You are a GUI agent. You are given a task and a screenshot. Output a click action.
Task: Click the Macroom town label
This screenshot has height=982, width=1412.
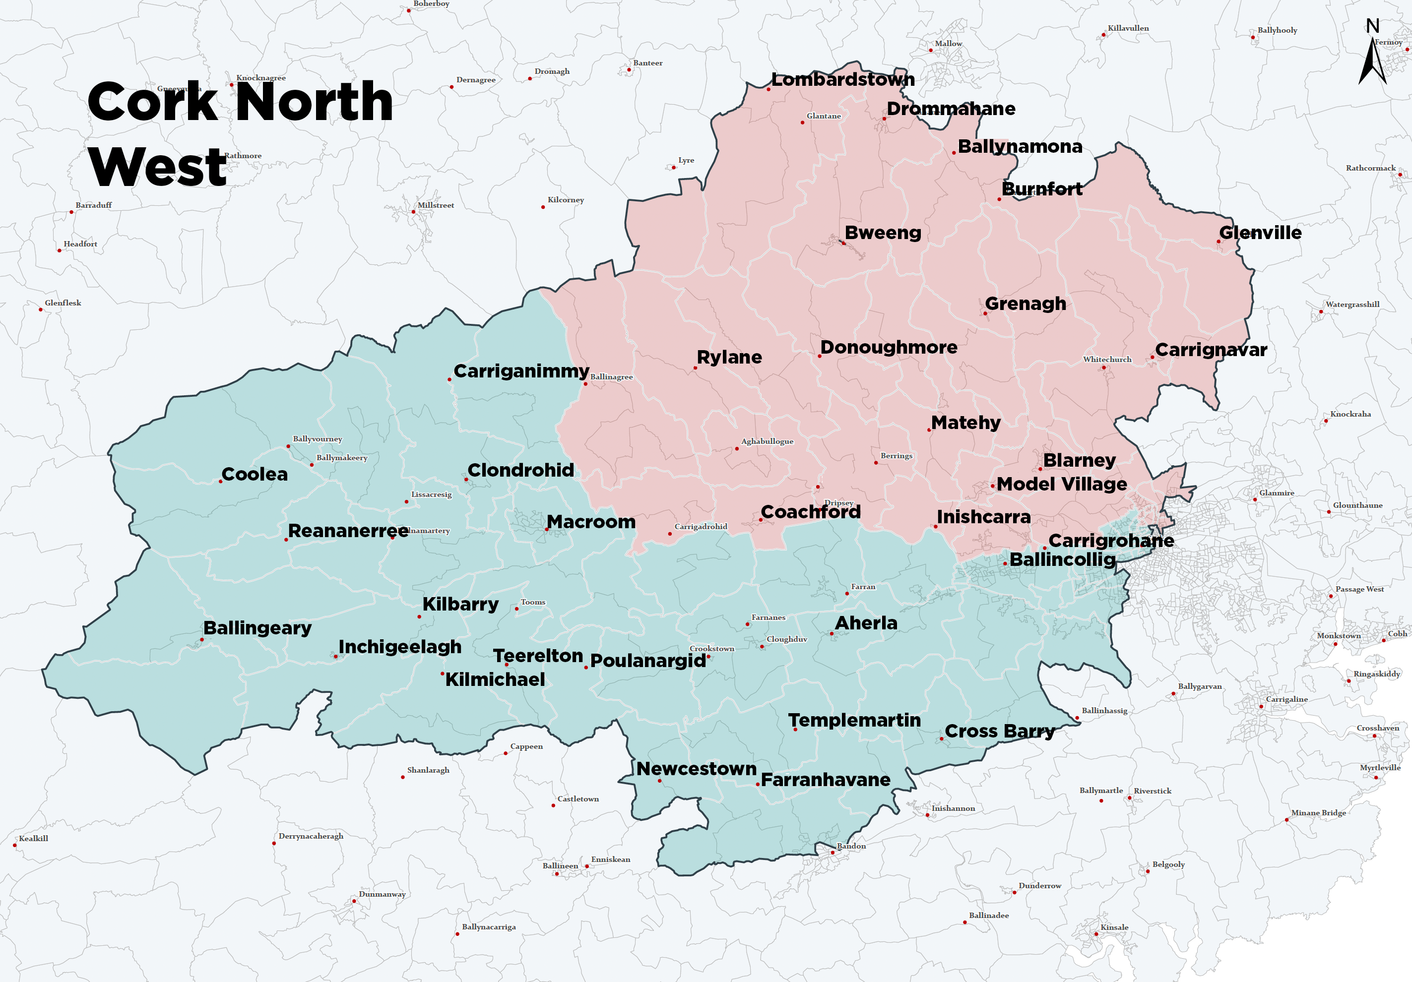(590, 522)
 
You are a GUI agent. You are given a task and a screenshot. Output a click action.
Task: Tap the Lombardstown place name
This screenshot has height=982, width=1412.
(842, 80)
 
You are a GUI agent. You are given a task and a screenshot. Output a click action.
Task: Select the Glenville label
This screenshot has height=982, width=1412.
(1260, 233)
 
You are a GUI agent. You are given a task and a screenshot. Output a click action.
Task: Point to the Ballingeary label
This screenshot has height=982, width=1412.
(257, 628)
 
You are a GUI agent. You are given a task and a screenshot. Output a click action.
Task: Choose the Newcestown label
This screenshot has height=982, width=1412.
(696, 769)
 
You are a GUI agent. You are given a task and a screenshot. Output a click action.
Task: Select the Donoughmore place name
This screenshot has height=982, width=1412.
(889, 348)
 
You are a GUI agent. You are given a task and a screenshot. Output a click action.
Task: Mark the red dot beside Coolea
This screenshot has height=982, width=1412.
(221, 482)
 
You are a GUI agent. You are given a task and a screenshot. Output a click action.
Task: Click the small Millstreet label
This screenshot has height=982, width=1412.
(436, 205)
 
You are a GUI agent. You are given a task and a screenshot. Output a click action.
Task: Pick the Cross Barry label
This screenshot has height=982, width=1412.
(999, 731)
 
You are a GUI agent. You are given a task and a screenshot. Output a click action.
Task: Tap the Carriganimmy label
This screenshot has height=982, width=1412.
(521, 371)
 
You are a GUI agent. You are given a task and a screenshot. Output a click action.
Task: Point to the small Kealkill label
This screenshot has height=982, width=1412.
(33, 838)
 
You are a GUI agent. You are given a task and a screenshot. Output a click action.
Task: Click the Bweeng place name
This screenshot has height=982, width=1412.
(883, 233)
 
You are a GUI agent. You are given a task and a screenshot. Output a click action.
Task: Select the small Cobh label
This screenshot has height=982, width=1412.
(1397, 633)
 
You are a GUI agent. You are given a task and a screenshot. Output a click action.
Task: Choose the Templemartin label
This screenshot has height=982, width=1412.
(854, 720)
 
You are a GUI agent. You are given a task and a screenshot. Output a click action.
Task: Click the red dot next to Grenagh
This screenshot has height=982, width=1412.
(985, 313)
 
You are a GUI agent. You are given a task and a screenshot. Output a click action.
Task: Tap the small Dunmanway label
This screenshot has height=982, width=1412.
(382, 894)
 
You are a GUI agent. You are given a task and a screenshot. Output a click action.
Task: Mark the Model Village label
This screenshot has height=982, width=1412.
(1061, 484)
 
